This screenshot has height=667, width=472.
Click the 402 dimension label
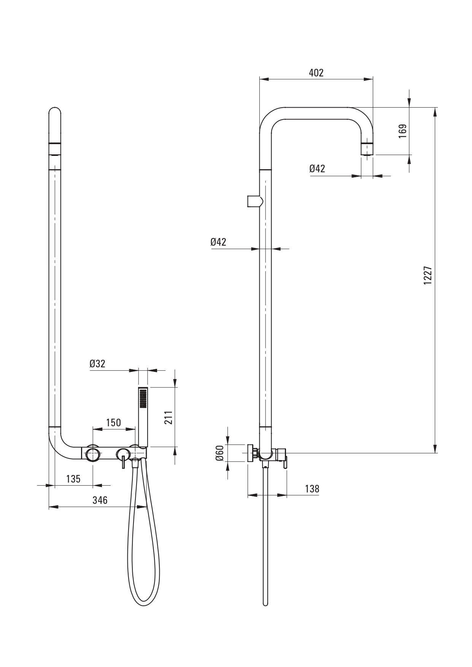(316, 73)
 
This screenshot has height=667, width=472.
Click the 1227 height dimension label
(428, 275)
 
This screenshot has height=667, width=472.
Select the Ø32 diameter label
(97, 364)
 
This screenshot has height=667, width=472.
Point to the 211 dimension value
(169, 417)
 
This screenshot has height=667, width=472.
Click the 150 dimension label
(113, 422)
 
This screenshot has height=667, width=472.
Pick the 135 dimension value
(73, 479)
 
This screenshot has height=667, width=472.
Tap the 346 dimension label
(100, 500)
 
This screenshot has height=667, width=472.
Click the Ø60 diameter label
(219, 453)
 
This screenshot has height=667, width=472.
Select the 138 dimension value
(312, 489)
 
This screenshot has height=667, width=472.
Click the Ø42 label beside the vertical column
(218, 242)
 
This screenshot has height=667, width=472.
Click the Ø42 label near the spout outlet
(317, 168)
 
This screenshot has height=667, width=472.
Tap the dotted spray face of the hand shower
(143, 399)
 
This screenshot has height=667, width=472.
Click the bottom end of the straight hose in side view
(265, 604)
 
